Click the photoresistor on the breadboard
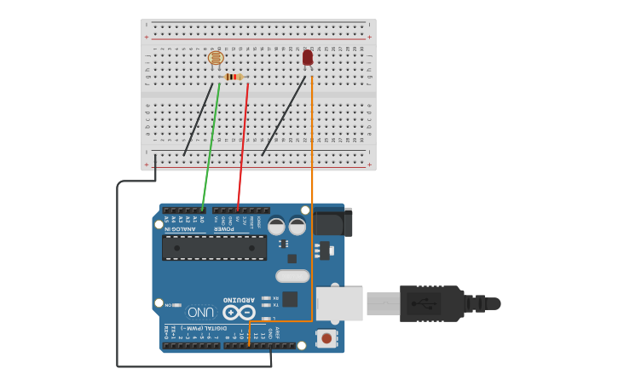[216, 58]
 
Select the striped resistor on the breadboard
[234, 77]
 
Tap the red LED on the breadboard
[308, 57]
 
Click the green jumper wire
[211, 145]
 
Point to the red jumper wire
[243, 145]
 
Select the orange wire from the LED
[312, 196]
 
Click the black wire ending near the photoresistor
[198, 119]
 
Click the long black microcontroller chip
[214, 247]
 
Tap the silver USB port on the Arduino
[339, 303]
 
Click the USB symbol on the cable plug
[423, 302]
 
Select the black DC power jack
[332, 222]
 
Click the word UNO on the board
[200, 312]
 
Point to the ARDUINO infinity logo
[239, 312]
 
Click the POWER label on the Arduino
[224, 228]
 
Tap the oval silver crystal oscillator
[292, 275]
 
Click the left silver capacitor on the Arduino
[276, 227]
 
